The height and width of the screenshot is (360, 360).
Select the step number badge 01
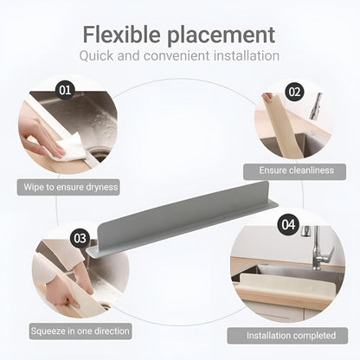pyautogui.click(x=65, y=89)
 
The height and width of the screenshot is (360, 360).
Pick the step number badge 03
pyautogui.click(x=80, y=237)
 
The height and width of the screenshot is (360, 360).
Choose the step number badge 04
pyautogui.click(x=287, y=224)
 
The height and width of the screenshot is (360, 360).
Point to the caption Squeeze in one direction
pyautogui.click(x=80, y=331)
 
